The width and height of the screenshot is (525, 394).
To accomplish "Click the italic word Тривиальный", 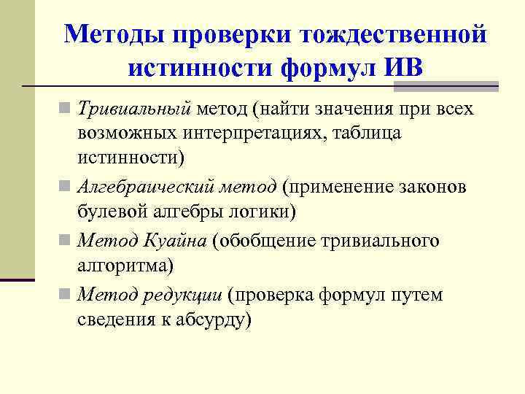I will (x=134, y=109).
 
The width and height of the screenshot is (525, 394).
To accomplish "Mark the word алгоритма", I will (x=123, y=265).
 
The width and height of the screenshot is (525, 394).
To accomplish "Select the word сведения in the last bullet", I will (x=113, y=319).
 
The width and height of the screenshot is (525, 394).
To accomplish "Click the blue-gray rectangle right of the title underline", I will (x=446, y=86).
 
